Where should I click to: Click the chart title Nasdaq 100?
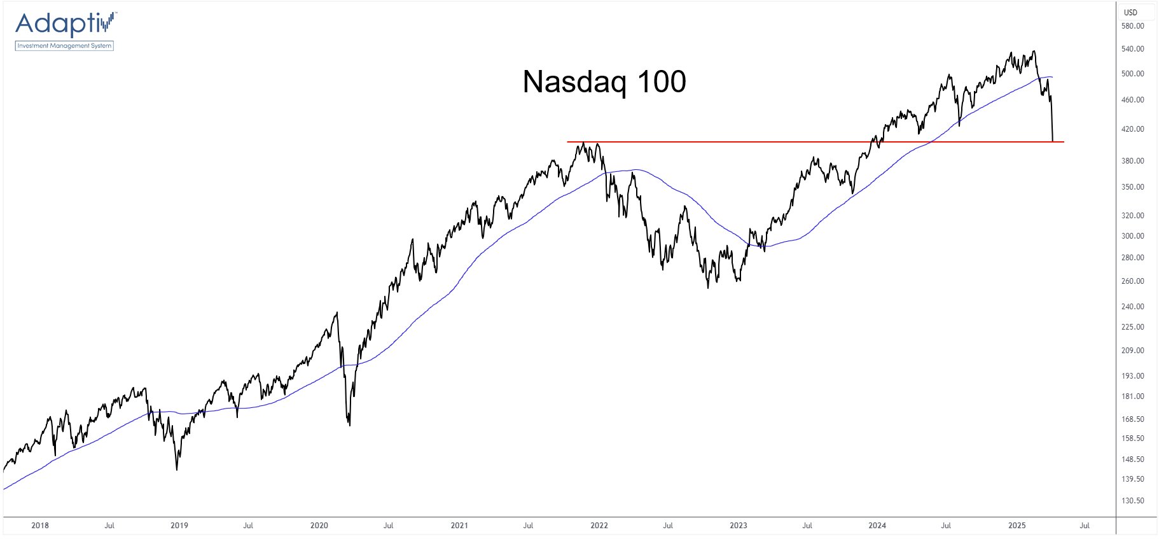(x=604, y=81)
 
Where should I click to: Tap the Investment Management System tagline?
(x=64, y=46)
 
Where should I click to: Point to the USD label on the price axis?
(x=1130, y=12)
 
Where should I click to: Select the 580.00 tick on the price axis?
(x=1132, y=26)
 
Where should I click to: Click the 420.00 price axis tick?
(x=1132, y=129)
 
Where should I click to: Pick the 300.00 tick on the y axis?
(x=1132, y=236)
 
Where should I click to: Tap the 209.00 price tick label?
(x=1132, y=351)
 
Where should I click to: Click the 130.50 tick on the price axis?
(x=1132, y=501)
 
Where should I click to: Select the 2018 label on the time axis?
(x=40, y=526)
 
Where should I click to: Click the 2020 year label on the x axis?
(x=319, y=526)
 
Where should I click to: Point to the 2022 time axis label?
(x=599, y=526)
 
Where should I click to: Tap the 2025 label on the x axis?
(x=1017, y=526)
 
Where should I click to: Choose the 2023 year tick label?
(x=738, y=526)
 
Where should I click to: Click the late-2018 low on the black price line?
(x=177, y=470)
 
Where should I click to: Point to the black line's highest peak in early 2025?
(x=1034, y=52)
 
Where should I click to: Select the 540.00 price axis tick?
(x=1132, y=49)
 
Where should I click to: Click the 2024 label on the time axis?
(x=877, y=526)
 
